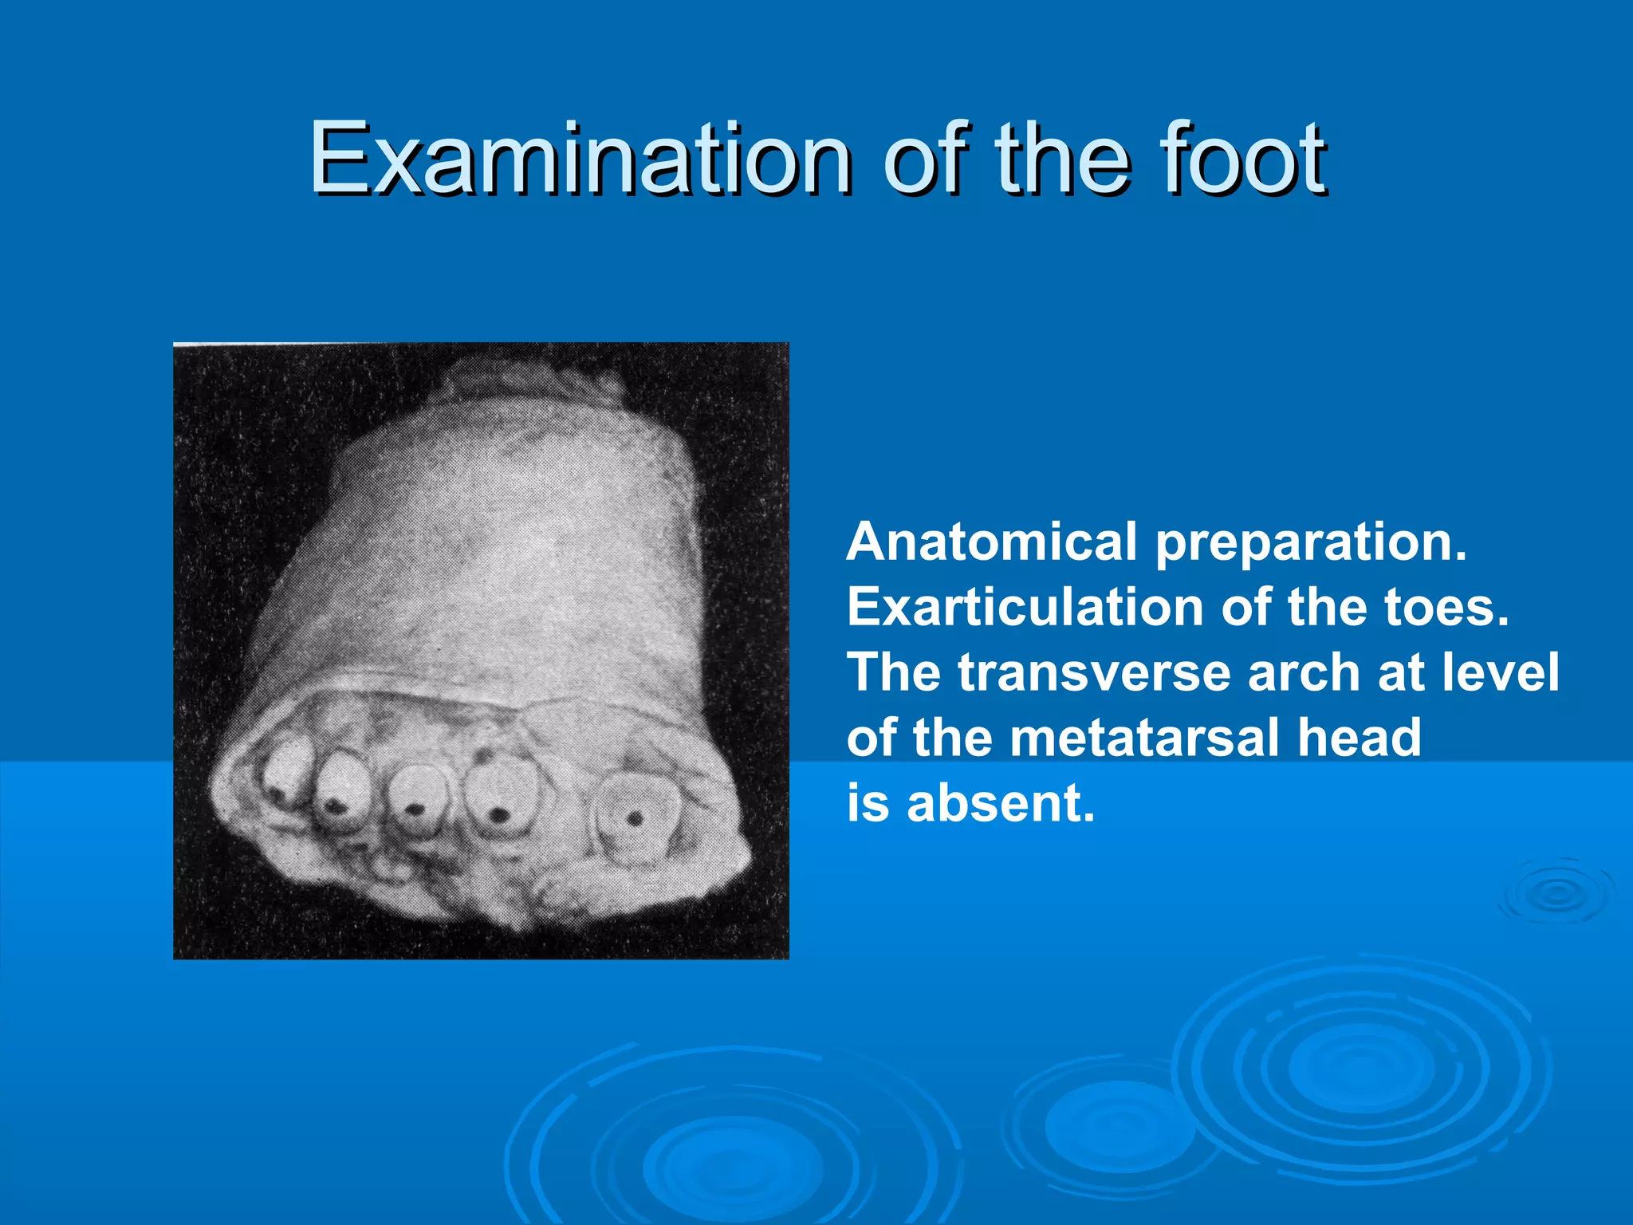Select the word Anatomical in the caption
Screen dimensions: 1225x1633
[991, 542]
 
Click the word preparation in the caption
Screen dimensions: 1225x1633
[1310, 544]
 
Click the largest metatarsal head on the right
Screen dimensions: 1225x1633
[635, 817]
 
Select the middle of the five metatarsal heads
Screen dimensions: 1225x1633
[417, 802]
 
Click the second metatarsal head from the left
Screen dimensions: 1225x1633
[341, 794]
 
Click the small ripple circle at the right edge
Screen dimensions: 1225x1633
[1556, 893]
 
